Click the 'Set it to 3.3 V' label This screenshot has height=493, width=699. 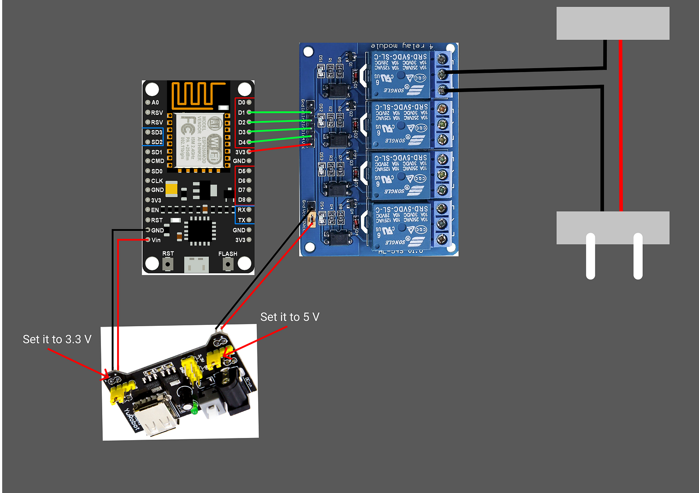pos(57,339)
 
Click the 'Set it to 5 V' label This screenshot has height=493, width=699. pos(290,317)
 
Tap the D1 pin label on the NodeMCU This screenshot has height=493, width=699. pos(242,113)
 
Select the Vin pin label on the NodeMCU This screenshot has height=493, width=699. pos(156,240)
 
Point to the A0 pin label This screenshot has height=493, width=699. pos(155,103)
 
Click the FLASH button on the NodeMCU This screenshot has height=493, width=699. pos(228,264)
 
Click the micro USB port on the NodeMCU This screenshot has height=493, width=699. pos(197,265)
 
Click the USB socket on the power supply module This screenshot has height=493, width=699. pos(156,417)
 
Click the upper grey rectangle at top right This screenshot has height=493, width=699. pos(612,23)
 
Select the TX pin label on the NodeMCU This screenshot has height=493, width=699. pos(242,220)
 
